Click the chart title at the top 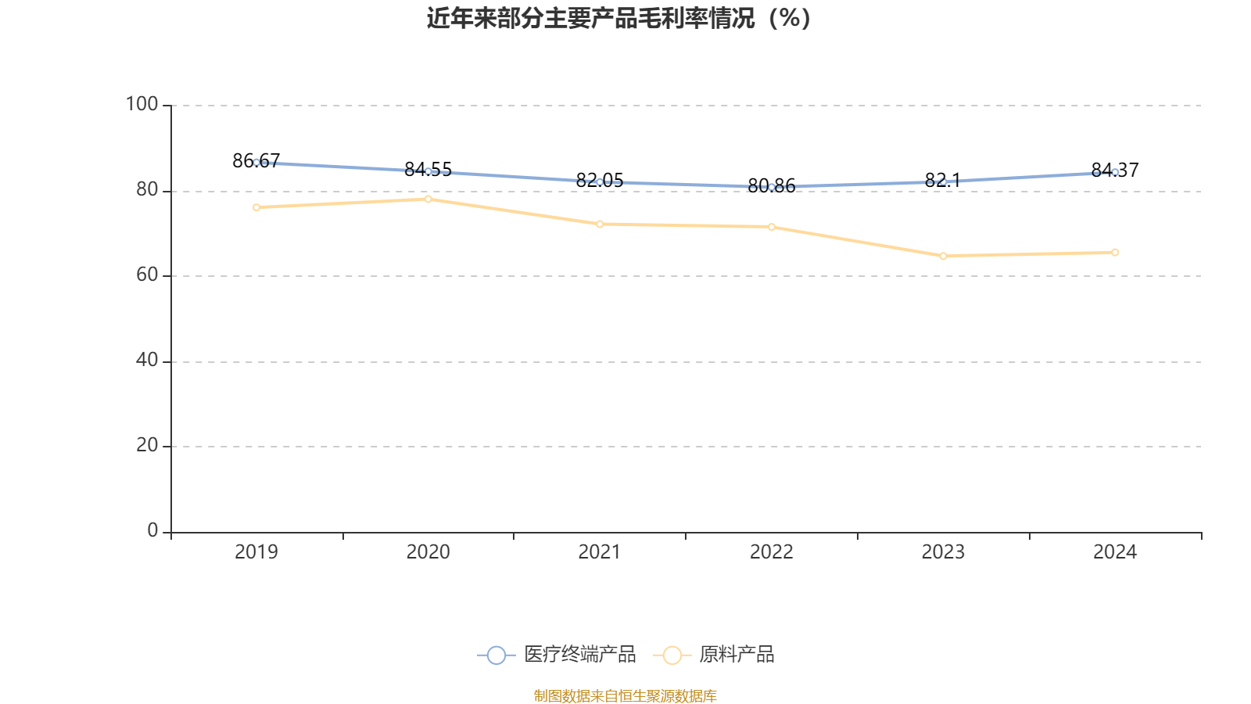[619, 18]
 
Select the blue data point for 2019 [256, 163]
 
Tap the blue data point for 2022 [772, 188]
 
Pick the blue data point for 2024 [1115, 172]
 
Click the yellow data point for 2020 [428, 199]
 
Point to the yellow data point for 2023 [943, 256]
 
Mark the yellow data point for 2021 [600, 224]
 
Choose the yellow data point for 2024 [1115, 253]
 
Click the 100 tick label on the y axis [142, 104]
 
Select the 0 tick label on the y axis [152, 530]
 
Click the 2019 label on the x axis [256, 552]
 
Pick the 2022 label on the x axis [772, 552]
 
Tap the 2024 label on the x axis [1115, 552]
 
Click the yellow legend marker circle [672, 655]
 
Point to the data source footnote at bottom [625, 696]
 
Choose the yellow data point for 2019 [256, 207]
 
